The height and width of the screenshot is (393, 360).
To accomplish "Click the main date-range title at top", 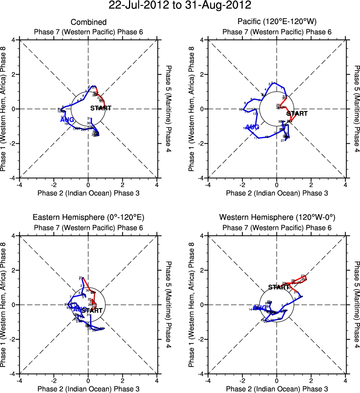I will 180,6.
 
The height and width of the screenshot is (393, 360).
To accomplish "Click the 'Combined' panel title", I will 89,23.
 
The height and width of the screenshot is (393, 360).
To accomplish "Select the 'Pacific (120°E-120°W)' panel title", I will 277,22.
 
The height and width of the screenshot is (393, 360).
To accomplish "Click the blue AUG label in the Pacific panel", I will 252,127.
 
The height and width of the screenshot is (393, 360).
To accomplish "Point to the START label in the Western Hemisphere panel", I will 279,287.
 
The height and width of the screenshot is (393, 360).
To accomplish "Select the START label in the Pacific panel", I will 297,114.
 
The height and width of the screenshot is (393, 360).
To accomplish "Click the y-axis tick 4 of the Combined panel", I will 14,40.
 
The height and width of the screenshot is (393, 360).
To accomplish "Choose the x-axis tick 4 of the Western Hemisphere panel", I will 346,380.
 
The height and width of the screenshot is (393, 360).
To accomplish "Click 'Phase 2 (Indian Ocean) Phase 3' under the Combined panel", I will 89,193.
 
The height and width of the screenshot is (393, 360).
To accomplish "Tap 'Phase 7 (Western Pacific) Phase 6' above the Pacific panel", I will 277,32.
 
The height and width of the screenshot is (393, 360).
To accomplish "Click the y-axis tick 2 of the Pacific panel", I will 202,74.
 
